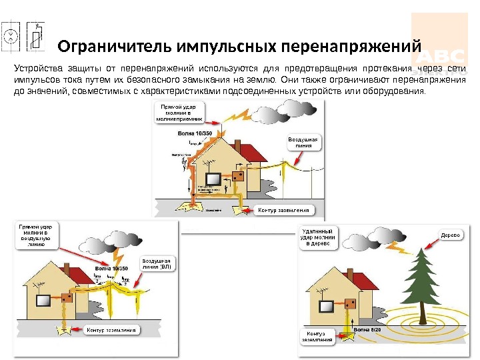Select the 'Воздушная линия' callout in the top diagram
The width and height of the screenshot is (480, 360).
pyautogui.click(x=304, y=143)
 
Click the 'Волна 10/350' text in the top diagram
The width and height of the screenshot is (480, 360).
pyautogui.click(x=191, y=133)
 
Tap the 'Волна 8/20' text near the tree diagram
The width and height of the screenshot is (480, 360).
pyautogui.click(x=366, y=329)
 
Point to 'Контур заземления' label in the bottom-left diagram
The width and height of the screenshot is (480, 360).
pyautogui.click(x=113, y=330)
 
